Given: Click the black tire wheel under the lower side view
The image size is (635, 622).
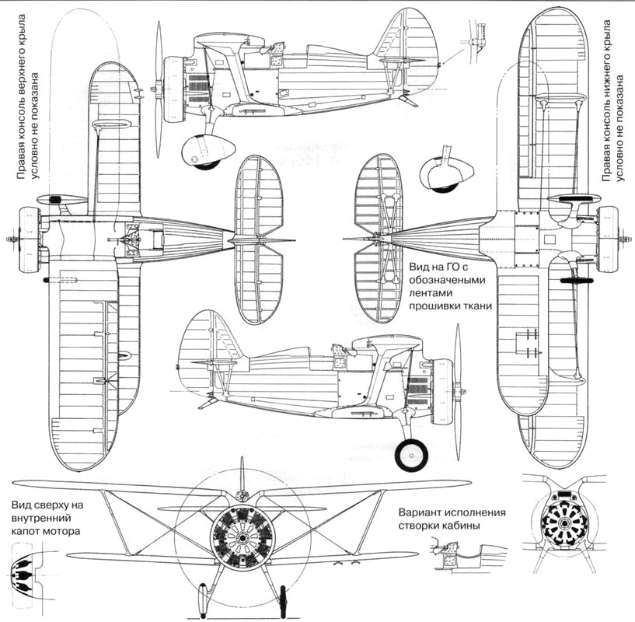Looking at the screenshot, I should [x=410, y=456].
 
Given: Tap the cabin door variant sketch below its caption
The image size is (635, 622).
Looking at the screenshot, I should [x=459, y=554].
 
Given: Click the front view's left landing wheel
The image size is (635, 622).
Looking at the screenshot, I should [x=204, y=599].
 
